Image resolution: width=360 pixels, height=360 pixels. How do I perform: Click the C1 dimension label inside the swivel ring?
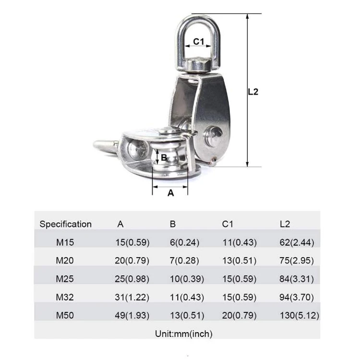[199, 42]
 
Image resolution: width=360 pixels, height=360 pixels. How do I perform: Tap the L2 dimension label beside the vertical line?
[253, 91]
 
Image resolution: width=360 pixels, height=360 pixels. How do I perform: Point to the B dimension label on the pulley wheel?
[163, 157]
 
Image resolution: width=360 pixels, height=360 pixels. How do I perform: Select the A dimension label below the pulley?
[170, 192]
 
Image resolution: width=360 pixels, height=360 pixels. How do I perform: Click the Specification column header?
[65, 224]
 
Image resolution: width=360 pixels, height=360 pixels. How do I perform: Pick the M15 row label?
[65, 242]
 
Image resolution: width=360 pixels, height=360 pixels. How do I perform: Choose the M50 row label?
[65, 315]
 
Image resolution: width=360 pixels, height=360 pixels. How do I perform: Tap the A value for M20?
[132, 261]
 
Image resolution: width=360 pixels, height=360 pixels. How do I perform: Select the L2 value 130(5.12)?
[299, 315]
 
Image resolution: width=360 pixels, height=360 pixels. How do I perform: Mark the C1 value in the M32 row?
[239, 297]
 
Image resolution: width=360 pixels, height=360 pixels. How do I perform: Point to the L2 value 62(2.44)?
[297, 242]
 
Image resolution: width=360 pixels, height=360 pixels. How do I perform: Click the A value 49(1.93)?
[132, 315]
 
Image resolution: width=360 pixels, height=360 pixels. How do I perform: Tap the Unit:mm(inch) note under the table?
[183, 333]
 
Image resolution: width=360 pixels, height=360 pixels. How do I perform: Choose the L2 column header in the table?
[285, 224]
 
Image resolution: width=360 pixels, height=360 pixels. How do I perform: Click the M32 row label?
[65, 297]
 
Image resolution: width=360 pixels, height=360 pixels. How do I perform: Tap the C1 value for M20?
[239, 261]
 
